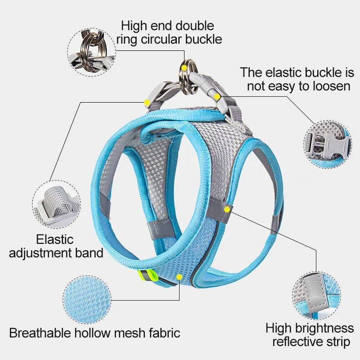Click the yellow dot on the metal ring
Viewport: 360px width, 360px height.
coord(184,67)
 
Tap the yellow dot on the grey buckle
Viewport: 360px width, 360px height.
coord(217,96)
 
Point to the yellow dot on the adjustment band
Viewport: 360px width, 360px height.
coord(147,103)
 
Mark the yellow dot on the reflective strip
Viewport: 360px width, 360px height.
coord(228,209)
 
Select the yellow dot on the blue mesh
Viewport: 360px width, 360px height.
coord(180,276)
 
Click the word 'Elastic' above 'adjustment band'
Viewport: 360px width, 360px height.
coord(55,239)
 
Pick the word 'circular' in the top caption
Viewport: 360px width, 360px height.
coord(164,39)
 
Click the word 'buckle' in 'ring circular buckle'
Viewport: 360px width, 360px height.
coord(205,39)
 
